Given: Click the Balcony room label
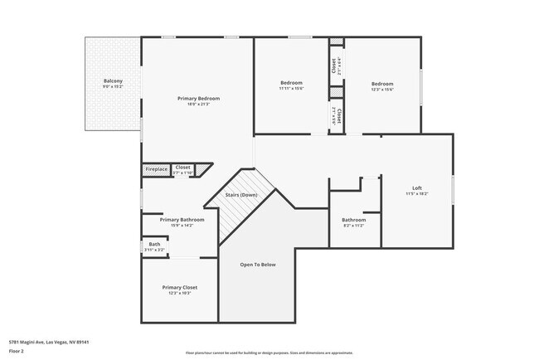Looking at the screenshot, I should [113, 80].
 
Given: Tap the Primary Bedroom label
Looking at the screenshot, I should [198, 98].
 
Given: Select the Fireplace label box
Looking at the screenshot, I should [157, 169].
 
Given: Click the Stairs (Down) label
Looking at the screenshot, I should [241, 194].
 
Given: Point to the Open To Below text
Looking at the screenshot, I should [258, 265].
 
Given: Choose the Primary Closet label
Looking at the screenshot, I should [179, 287].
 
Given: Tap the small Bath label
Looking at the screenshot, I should [154, 244].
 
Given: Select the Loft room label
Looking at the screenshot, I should [417, 187].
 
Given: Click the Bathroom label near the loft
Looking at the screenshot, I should [354, 220].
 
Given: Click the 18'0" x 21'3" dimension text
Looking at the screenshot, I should [198, 104].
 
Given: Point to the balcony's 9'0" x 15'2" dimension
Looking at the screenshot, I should [113, 86].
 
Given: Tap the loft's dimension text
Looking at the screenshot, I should [417, 193].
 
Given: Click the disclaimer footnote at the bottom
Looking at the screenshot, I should [269, 352].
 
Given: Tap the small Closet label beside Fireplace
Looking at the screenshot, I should [182, 168].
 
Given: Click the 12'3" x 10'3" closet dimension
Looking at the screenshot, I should [179, 293].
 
